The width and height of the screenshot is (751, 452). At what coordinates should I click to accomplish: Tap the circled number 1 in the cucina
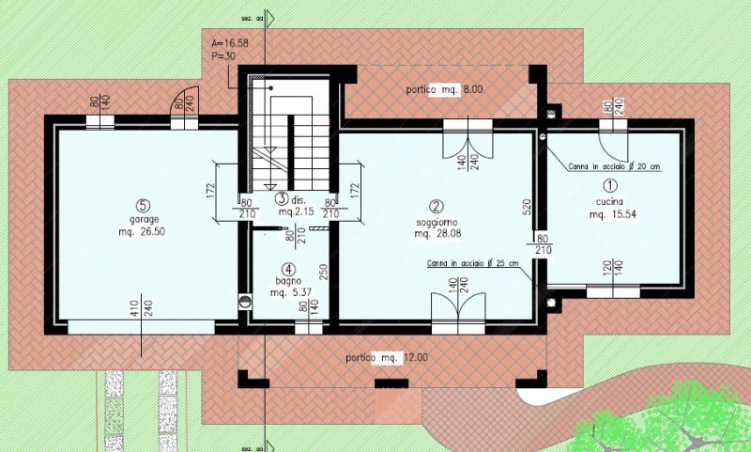pos(608,187)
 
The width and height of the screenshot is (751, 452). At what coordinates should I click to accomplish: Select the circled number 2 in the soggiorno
pos(436,206)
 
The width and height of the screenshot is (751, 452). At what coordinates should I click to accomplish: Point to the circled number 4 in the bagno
pos(288,266)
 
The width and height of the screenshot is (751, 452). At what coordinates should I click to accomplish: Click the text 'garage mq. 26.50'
pos(142,226)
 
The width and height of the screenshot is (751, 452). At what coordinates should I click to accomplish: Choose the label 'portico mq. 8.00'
pos(444,89)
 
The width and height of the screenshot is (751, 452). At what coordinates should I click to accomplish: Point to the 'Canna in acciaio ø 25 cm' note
pos(473,263)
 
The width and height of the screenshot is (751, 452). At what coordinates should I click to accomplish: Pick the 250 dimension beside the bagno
pos(322,271)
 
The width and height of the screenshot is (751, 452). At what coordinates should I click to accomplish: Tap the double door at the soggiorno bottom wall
pos(458,312)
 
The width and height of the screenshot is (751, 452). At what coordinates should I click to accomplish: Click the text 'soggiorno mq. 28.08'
pos(437,228)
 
